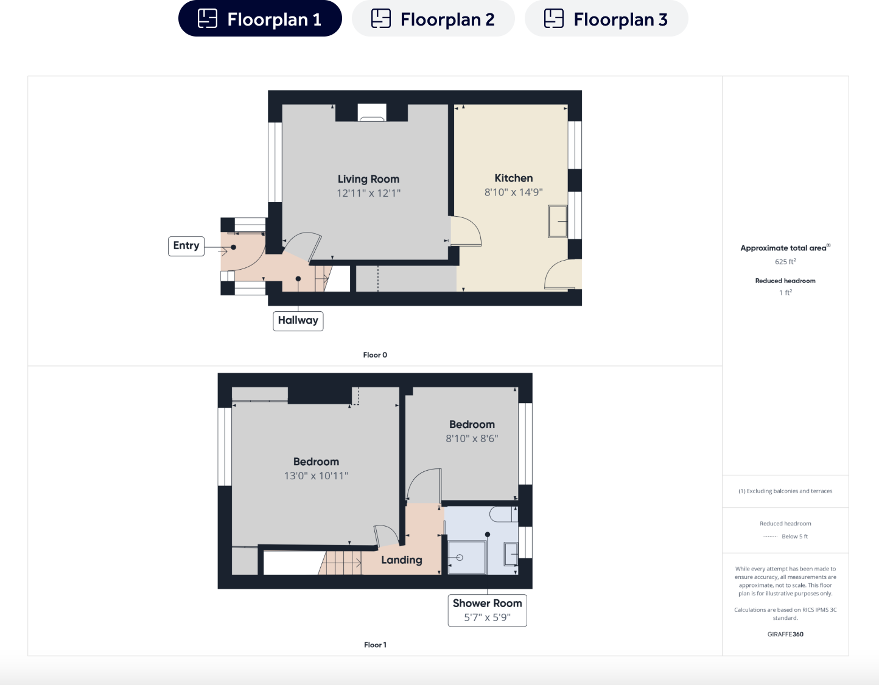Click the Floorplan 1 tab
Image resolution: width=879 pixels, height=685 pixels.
tap(260, 19)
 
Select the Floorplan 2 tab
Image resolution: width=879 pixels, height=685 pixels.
tap(433, 19)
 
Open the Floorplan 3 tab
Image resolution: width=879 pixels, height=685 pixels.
tap(606, 19)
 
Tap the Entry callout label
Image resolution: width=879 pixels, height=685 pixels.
tap(186, 246)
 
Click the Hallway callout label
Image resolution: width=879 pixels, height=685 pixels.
tap(298, 320)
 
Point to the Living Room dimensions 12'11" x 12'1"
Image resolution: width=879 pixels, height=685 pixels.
tap(368, 194)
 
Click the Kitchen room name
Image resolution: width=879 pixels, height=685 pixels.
tap(513, 178)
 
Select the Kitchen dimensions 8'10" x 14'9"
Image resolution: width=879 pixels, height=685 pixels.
tap(513, 192)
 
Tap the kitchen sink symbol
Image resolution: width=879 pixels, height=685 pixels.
tap(558, 221)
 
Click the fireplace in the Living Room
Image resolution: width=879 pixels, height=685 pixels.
tap(371, 113)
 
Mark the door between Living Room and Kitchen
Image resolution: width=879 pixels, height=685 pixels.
tap(464, 231)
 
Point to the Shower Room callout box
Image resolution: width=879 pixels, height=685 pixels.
tap(487, 610)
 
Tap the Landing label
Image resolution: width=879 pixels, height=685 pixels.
tap(401, 560)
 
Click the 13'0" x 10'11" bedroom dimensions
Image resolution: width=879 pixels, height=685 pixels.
tap(316, 476)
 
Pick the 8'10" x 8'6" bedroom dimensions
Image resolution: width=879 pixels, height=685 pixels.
tap(472, 439)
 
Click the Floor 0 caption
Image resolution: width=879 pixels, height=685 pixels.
tap(375, 355)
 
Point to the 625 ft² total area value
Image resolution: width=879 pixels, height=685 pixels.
tap(785, 262)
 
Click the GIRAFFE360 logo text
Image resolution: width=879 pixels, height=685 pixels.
tap(785, 634)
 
